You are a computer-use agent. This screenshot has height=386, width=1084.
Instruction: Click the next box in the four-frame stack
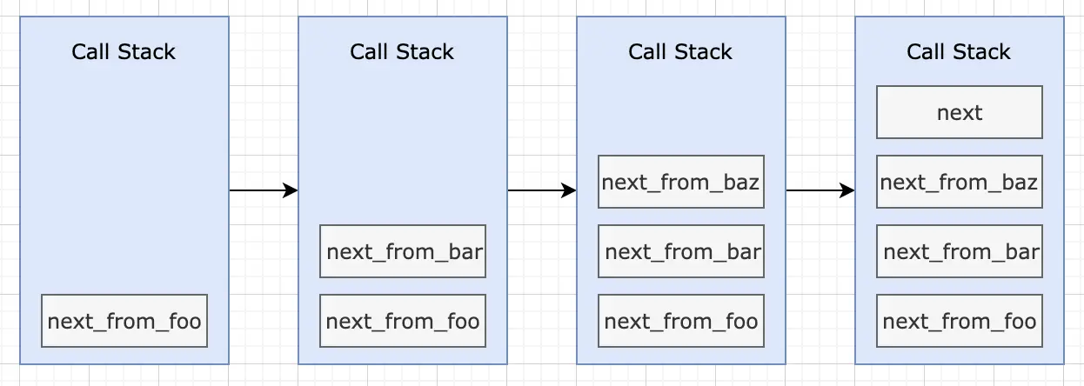[959, 112]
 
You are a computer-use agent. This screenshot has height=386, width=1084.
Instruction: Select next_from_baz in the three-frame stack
[681, 182]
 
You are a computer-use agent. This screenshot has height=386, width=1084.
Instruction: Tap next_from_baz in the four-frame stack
[959, 182]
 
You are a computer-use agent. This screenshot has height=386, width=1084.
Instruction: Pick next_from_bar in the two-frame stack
[403, 251]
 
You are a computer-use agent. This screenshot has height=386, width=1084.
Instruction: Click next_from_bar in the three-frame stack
[681, 251]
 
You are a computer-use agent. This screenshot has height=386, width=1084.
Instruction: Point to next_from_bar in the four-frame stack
[959, 251]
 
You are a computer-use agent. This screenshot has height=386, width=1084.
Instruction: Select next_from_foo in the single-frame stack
[124, 321]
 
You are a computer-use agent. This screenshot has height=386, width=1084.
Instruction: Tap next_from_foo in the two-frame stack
[403, 321]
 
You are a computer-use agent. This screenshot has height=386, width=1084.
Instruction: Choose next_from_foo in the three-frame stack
[681, 321]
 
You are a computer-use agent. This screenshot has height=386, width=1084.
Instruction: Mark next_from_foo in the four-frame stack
[959, 321]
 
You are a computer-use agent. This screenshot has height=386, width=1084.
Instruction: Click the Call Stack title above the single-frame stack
[124, 51]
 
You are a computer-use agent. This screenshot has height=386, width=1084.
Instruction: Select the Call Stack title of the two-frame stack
[402, 51]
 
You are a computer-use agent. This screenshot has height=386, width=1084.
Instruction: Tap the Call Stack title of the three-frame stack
[680, 51]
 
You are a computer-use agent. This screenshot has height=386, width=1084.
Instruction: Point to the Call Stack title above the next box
[958, 51]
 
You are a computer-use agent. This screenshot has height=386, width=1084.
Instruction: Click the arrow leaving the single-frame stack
[264, 190]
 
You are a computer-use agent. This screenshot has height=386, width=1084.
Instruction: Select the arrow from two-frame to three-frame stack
[542, 190]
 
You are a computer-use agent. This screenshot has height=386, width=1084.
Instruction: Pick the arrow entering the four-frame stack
[820, 190]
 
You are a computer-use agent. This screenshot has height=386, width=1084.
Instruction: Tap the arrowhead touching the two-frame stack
[291, 190]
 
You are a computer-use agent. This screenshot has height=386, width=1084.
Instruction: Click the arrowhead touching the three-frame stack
[569, 190]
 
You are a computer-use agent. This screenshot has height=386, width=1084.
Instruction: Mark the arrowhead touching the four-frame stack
[846, 190]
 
